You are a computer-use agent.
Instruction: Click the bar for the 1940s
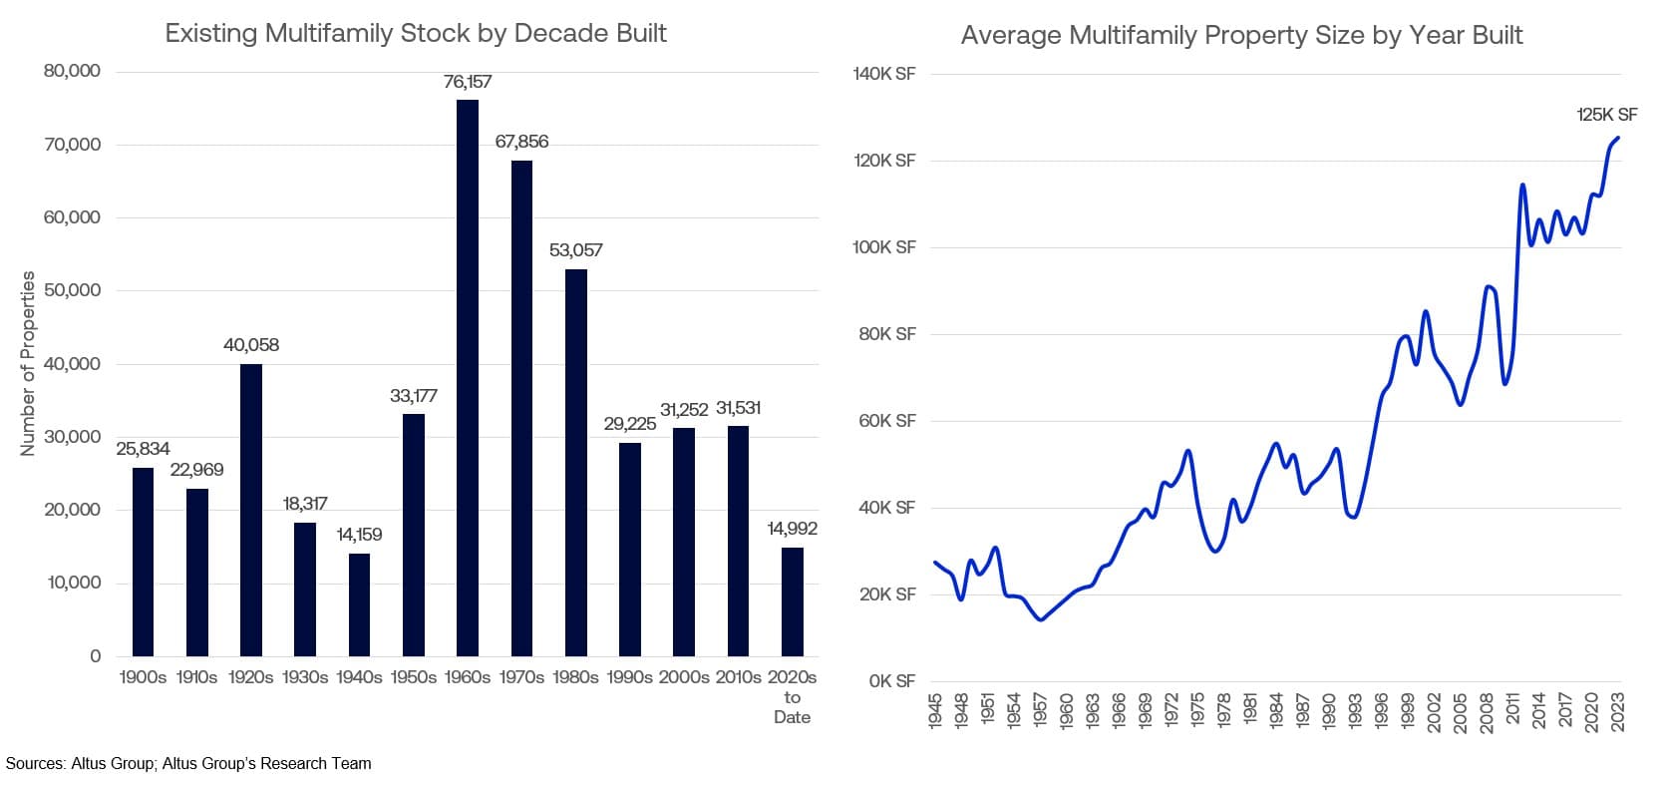point(359,604)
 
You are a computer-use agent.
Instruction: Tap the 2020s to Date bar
point(792,601)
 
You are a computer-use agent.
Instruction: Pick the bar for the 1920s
point(250,510)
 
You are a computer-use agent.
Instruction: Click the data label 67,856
point(521,142)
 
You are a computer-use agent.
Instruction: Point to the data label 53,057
point(575,250)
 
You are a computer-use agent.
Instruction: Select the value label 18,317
point(304,504)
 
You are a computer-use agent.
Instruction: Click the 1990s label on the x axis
point(629,677)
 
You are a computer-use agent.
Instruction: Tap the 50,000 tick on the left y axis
point(72,290)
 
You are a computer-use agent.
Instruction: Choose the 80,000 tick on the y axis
point(72,71)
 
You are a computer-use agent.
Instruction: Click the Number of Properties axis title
point(28,363)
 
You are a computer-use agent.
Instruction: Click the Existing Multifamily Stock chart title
point(416,33)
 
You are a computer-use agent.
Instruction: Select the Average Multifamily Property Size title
point(1241,36)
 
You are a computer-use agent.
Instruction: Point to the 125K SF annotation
point(1606,115)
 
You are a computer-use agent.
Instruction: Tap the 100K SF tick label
point(883,247)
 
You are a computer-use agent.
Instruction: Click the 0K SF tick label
point(891,681)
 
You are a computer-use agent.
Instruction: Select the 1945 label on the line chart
point(935,712)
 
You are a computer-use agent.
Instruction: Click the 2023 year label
point(1617,712)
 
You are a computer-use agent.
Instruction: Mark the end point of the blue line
point(1617,139)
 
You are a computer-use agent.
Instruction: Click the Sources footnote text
point(188,764)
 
